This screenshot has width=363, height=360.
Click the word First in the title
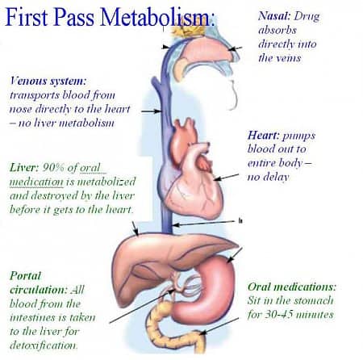[x=27, y=17]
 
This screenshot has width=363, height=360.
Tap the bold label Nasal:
[x=274, y=16]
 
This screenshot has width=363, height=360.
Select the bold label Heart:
[x=264, y=135]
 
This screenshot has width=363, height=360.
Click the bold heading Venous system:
[x=48, y=81]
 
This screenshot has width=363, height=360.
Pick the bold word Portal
[x=26, y=276]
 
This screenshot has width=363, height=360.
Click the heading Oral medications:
[x=292, y=287]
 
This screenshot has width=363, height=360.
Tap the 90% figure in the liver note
[x=53, y=168]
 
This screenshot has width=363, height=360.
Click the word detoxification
[x=44, y=345]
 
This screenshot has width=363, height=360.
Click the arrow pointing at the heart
[x=226, y=177]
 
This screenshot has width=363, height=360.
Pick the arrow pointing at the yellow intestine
[x=219, y=326]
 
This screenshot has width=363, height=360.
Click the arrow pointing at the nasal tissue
[x=236, y=48]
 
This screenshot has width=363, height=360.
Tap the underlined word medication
[x=36, y=182]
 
